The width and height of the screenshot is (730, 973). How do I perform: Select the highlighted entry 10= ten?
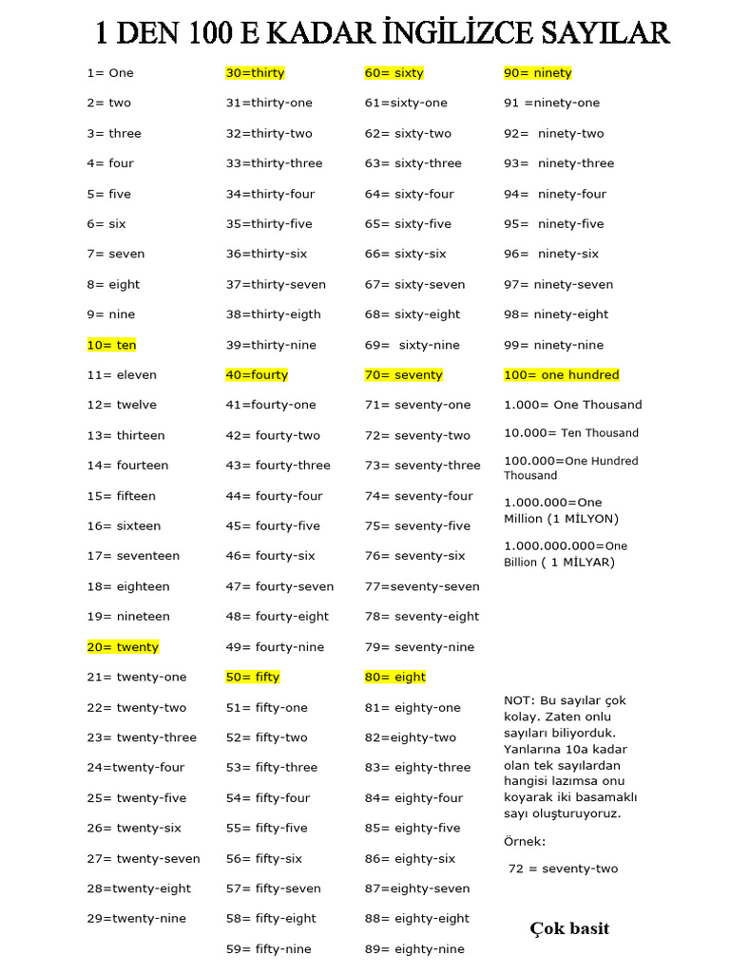click(x=112, y=345)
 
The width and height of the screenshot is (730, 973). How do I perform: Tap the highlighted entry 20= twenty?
click(x=123, y=647)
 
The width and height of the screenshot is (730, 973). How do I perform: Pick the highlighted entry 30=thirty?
click(x=255, y=72)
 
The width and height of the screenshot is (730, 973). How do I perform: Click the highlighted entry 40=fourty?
click(x=257, y=375)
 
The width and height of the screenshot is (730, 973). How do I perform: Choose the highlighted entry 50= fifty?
click(x=253, y=677)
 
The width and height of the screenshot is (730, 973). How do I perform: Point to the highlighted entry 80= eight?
click(x=395, y=677)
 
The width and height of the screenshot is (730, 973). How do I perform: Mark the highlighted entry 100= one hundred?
click(x=561, y=375)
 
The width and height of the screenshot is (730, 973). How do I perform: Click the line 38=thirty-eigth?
click(x=274, y=315)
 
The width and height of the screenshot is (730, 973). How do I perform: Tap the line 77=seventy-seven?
click(x=422, y=586)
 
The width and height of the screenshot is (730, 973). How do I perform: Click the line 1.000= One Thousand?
click(x=573, y=405)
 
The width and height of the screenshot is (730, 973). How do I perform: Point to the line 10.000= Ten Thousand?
click(x=571, y=433)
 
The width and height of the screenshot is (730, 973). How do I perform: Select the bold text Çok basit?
click(x=569, y=928)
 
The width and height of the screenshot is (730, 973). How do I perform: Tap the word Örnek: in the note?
click(x=525, y=841)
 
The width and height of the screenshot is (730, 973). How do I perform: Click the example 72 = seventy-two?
click(x=563, y=869)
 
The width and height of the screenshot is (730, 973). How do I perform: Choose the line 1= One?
click(x=110, y=72)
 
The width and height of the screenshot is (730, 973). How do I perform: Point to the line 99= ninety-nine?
click(x=554, y=345)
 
